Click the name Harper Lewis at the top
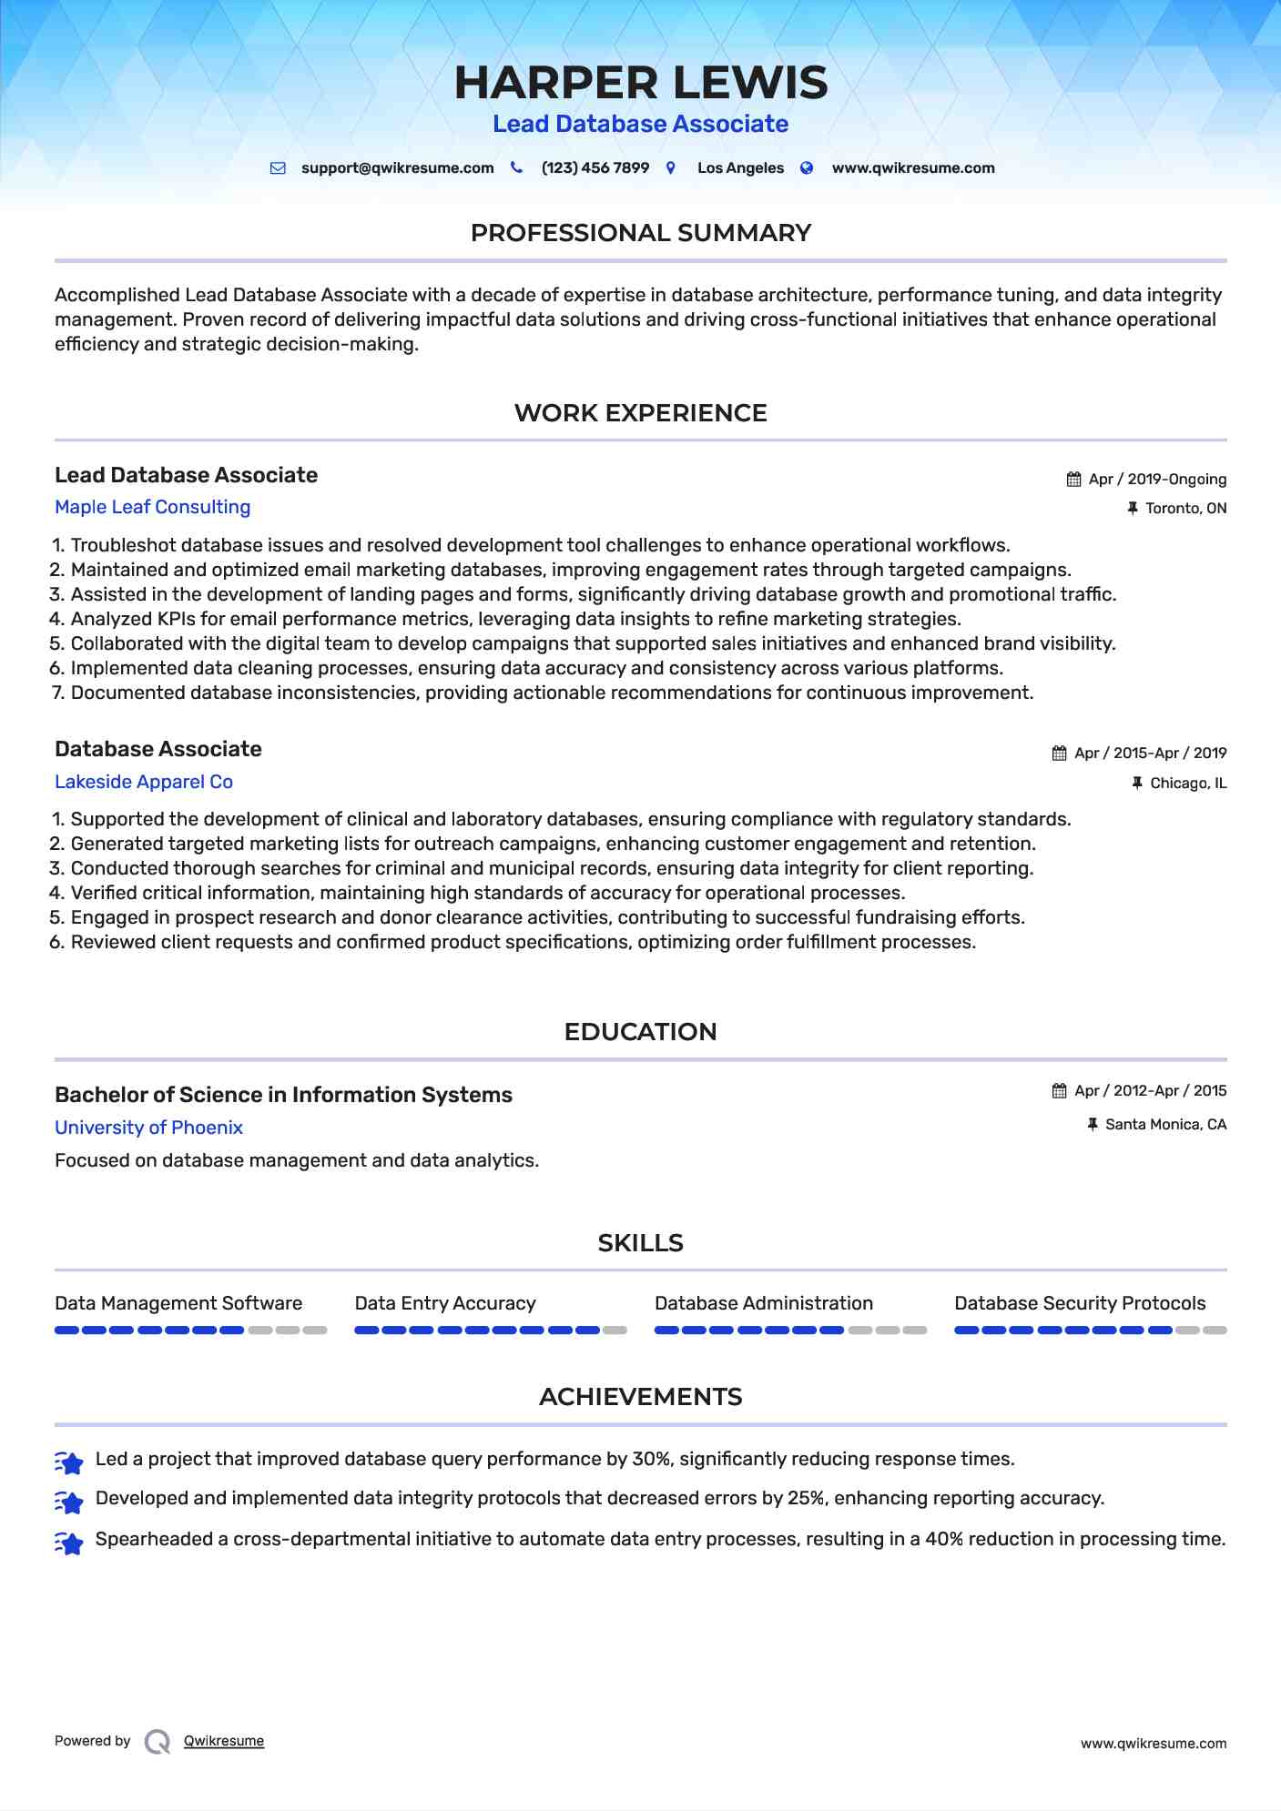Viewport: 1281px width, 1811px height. pos(641,83)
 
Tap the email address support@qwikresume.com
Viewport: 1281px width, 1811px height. pos(397,168)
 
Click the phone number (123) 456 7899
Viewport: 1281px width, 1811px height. pos(595,168)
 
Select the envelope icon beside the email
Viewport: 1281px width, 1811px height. pos(278,168)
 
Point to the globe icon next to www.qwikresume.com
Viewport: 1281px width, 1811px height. pos(807,168)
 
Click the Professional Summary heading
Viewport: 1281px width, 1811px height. pos(640,233)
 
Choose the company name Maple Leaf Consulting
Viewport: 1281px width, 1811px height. pos(152,507)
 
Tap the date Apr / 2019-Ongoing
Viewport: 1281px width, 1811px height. pos(1157,480)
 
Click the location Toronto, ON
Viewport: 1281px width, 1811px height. pos(1185,509)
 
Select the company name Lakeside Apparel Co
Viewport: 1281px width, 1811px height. pos(144,782)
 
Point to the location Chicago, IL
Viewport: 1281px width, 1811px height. pos(1188,784)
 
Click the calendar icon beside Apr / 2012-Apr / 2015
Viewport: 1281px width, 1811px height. pos(1059,1091)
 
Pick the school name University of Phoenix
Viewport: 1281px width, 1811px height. pos(148,1128)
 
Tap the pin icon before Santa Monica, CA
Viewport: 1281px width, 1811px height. pos(1093,1125)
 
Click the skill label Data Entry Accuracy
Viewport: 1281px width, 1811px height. pos(445,1303)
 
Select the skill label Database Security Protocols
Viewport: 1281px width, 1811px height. pos(1080,1303)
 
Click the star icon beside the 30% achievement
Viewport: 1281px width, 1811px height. pos(69,1462)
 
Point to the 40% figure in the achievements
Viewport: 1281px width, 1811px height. pos(943,1539)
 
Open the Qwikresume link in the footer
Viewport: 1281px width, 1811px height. pos(224,1741)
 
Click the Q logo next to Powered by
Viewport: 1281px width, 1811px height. pos(158,1742)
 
